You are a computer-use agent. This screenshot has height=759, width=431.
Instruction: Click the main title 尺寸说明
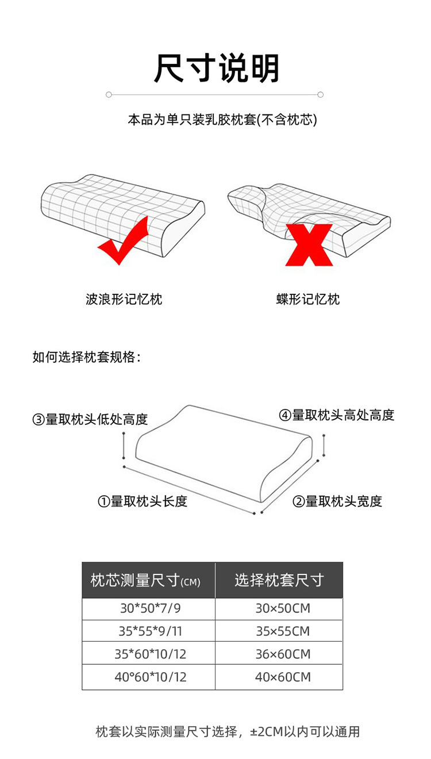click(x=216, y=68)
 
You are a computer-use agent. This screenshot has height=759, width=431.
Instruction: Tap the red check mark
click(x=124, y=241)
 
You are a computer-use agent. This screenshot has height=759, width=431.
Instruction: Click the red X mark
click(x=309, y=245)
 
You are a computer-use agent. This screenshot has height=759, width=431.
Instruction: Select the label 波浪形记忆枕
click(x=124, y=300)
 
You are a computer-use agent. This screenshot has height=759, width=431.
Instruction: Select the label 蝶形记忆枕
click(x=308, y=300)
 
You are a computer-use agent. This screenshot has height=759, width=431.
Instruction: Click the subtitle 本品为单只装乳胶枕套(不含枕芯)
click(x=222, y=120)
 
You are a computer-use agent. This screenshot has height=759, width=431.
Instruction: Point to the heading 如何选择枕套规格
click(x=87, y=357)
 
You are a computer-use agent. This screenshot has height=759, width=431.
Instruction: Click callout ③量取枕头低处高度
click(x=90, y=419)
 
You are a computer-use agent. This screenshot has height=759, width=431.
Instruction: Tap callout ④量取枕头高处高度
click(x=337, y=415)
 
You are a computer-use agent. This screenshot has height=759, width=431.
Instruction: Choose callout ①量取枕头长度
click(x=143, y=501)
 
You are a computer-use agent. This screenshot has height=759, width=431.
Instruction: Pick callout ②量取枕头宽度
click(x=337, y=501)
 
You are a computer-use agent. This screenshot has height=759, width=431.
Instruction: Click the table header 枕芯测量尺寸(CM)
click(x=145, y=581)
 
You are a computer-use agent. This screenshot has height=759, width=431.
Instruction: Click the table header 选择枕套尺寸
click(x=279, y=580)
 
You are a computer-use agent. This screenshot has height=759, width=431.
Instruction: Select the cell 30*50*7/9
click(x=150, y=608)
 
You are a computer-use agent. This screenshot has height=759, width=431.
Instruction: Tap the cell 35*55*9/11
click(x=150, y=631)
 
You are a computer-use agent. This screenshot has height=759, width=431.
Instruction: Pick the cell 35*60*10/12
click(x=150, y=654)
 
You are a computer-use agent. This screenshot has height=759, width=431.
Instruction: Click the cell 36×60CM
click(x=283, y=654)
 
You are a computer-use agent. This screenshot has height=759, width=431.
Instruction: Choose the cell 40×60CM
click(x=283, y=677)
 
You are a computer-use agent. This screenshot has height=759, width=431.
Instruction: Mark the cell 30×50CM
click(x=283, y=608)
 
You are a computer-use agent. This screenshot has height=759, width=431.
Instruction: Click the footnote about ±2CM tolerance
click(x=228, y=732)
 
